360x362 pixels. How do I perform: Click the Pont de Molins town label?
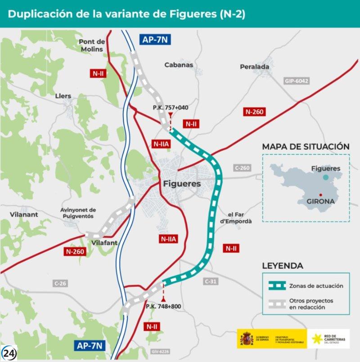pyautogui.click(x=92, y=45)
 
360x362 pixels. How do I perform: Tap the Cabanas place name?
pyautogui.click(x=179, y=65)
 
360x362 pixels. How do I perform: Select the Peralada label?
pyautogui.click(x=254, y=67)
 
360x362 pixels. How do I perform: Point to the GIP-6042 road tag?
pyautogui.click(x=297, y=81)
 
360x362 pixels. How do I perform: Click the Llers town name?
pyautogui.click(x=63, y=96)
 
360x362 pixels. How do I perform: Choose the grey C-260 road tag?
pyautogui.click(x=242, y=167)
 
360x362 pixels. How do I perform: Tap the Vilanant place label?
pyautogui.click(x=24, y=215)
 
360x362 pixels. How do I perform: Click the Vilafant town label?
pyautogui.click(x=104, y=242)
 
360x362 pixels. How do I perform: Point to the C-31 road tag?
pyautogui.click(x=211, y=281)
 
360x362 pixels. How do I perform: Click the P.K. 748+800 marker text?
pyautogui.click(x=163, y=306)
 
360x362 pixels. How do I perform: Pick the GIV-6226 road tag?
pyautogui.click(x=160, y=351)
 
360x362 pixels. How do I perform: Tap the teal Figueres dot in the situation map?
pyautogui.click(x=325, y=177)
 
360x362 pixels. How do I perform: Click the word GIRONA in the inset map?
pyautogui.click(x=320, y=201)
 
